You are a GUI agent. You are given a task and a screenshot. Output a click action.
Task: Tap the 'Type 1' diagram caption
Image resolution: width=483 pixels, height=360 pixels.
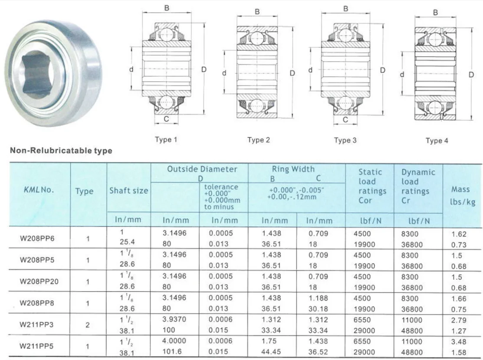(x=166, y=140)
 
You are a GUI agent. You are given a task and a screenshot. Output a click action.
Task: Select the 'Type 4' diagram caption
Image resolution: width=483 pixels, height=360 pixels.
(x=437, y=140)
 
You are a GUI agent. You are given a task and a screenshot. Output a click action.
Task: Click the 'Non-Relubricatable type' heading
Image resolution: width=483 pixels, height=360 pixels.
(x=61, y=151)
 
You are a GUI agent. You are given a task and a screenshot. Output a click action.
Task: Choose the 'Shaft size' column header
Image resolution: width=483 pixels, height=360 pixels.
(x=128, y=190)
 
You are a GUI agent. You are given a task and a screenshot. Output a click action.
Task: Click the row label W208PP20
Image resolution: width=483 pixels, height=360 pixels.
(x=39, y=281)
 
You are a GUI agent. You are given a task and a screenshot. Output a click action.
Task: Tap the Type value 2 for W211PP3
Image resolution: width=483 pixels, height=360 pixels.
(x=88, y=324)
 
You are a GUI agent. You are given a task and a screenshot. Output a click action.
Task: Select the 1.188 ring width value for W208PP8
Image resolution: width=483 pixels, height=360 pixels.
(x=319, y=298)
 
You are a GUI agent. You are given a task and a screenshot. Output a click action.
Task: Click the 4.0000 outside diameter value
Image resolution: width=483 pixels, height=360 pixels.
(x=174, y=341)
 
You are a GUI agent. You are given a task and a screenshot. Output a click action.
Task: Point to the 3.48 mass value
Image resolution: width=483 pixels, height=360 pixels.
(x=459, y=341)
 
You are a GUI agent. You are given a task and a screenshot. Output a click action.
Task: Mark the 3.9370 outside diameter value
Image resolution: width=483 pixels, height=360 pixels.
(x=174, y=320)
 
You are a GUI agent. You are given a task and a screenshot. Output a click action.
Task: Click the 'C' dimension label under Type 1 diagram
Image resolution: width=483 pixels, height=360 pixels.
(x=165, y=119)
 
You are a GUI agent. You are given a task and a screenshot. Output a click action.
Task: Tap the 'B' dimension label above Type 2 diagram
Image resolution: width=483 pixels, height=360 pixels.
(x=257, y=12)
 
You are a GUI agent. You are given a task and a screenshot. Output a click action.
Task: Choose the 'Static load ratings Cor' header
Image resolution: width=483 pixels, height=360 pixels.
(x=370, y=186)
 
